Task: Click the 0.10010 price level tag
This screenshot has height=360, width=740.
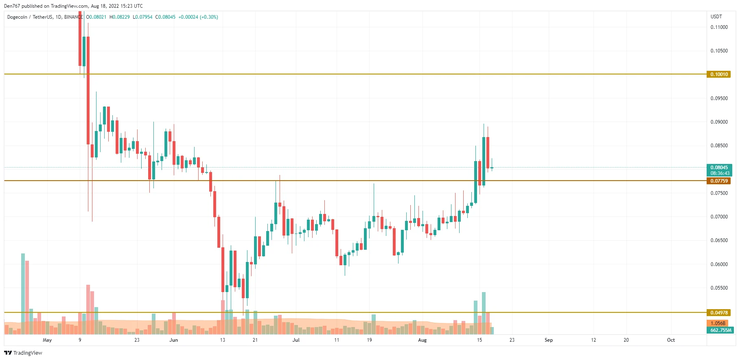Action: [719, 74]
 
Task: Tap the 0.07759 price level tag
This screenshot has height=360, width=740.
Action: [719, 181]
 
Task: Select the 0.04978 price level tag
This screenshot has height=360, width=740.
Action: [719, 313]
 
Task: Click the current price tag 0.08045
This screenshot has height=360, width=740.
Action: [719, 168]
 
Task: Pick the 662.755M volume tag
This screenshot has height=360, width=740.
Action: [720, 330]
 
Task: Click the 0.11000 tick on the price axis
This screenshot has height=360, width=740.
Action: [719, 27]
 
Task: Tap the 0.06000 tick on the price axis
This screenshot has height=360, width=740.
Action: [719, 264]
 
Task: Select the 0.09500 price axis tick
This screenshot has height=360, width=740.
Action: [719, 98]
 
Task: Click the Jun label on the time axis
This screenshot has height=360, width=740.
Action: [174, 340]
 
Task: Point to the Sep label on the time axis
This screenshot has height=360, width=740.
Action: [549, 340]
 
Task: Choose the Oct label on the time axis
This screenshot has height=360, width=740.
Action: [671, 340]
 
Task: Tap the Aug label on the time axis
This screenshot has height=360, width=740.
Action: [423, 340]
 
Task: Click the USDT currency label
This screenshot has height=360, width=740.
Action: [716, 17]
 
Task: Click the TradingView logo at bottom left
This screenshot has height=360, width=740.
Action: [23, 353]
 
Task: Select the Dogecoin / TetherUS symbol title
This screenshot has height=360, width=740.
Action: [30, 17]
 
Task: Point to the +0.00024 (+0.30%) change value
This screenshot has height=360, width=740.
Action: [198, 17]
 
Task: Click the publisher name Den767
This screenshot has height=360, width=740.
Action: [12, 6]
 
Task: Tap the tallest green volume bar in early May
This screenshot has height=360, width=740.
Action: [23, 293]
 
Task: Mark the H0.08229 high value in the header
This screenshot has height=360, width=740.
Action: [120, 17]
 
